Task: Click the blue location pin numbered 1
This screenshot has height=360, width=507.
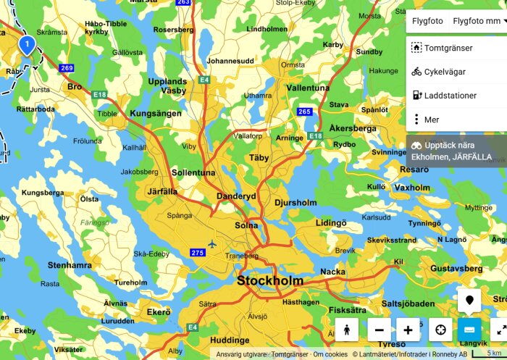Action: [26, 46]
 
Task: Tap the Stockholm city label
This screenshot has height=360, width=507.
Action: [270, 280]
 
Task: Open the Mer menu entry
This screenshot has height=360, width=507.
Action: [432, 120]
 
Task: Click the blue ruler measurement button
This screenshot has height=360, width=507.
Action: [469, 330]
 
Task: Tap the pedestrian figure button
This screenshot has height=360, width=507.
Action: [347, 330]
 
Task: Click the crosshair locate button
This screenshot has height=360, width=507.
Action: [440, 330]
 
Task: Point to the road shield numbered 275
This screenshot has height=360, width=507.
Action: [198, 252]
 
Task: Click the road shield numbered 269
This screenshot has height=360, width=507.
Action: [67, 68]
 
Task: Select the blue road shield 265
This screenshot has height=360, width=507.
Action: [305, 111]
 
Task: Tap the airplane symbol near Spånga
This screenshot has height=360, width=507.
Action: [211, 243]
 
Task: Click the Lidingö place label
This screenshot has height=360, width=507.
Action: [331, 222]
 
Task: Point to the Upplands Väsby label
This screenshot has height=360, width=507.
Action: [167, 86]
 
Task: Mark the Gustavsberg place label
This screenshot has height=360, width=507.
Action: [456, 268]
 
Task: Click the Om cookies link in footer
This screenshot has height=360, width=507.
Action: [330, 354]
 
